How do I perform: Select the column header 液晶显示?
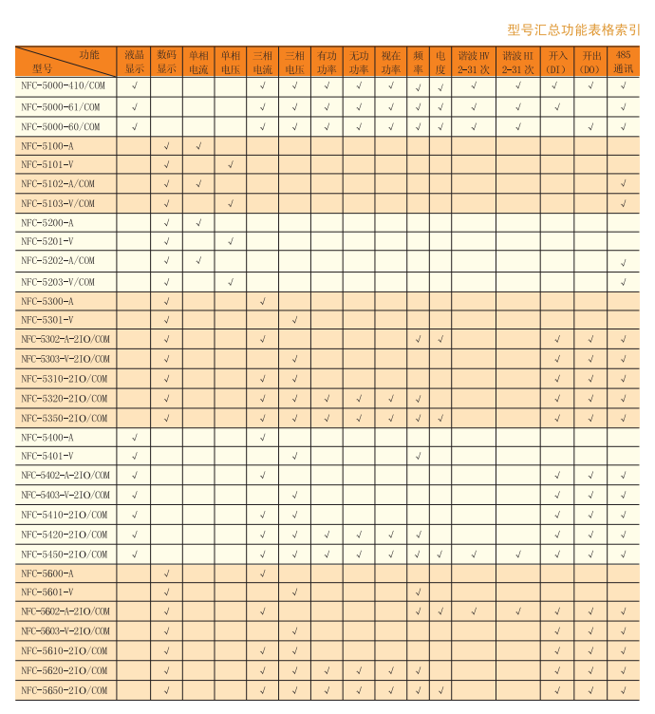click(x=135, y=62)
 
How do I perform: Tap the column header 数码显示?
click(x=167, y=62)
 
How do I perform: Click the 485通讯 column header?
click(x=623, y=62)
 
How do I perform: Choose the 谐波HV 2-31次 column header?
click(x=473, y=62)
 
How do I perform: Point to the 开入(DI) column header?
click(x=557, y=62)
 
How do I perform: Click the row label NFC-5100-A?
click(x=47, y=146)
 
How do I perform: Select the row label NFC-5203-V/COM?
click(x=59, y=282)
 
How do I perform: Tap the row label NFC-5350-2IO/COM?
click(x=65, y=418)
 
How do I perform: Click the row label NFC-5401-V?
click(x=47, y=456)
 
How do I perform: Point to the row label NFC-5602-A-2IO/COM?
click(x=66, y=611)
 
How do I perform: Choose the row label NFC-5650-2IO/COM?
click(x=65, y=690)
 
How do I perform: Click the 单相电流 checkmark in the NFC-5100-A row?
click(x=198, y=146)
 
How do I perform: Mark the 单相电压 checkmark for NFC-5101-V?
click(x=231, y=165)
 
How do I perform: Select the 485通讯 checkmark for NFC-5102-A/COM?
click(x=624, y=184)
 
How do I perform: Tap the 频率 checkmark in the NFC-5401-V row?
click(x=418, y=457)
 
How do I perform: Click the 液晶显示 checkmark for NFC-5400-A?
click(x=135, y=438)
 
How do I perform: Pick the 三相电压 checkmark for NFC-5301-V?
click(x=295, y=320)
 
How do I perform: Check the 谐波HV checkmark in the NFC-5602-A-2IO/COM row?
click(x=473, y=611)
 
